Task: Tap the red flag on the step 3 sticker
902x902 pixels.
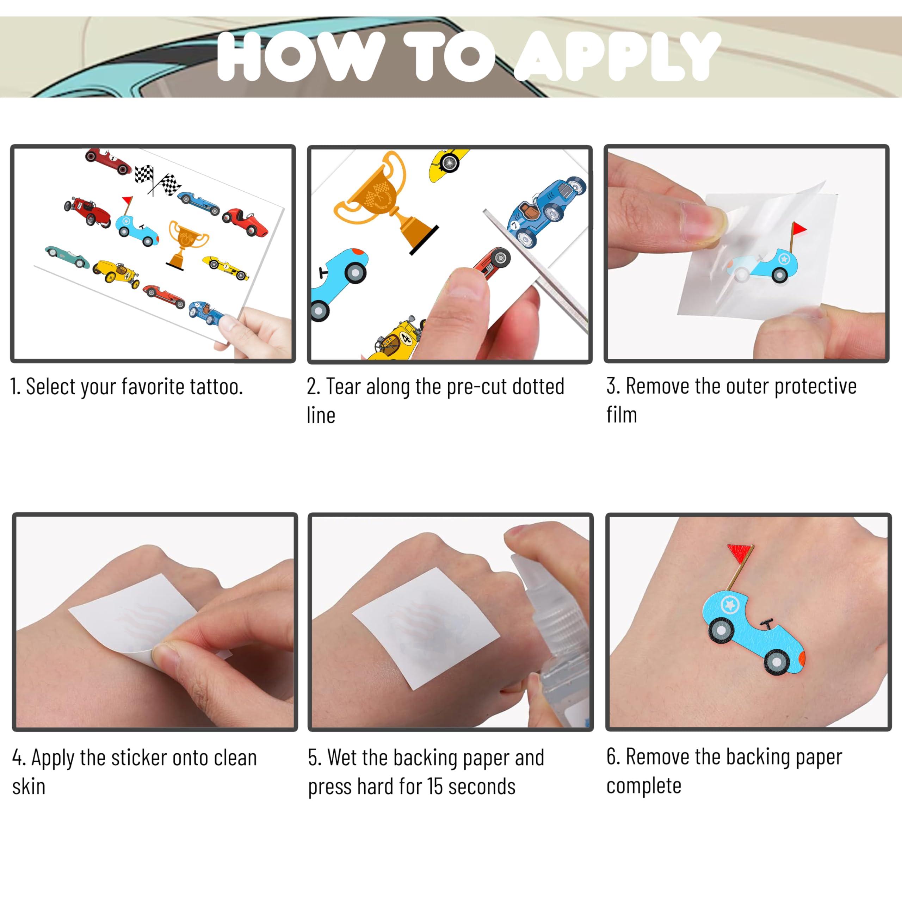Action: [x=799, y=229]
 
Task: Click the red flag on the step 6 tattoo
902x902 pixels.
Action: [x=740, y=552]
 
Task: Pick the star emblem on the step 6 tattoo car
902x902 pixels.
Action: [x=730, y=605]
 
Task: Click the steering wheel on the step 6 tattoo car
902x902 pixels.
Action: [x=766, y=623]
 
